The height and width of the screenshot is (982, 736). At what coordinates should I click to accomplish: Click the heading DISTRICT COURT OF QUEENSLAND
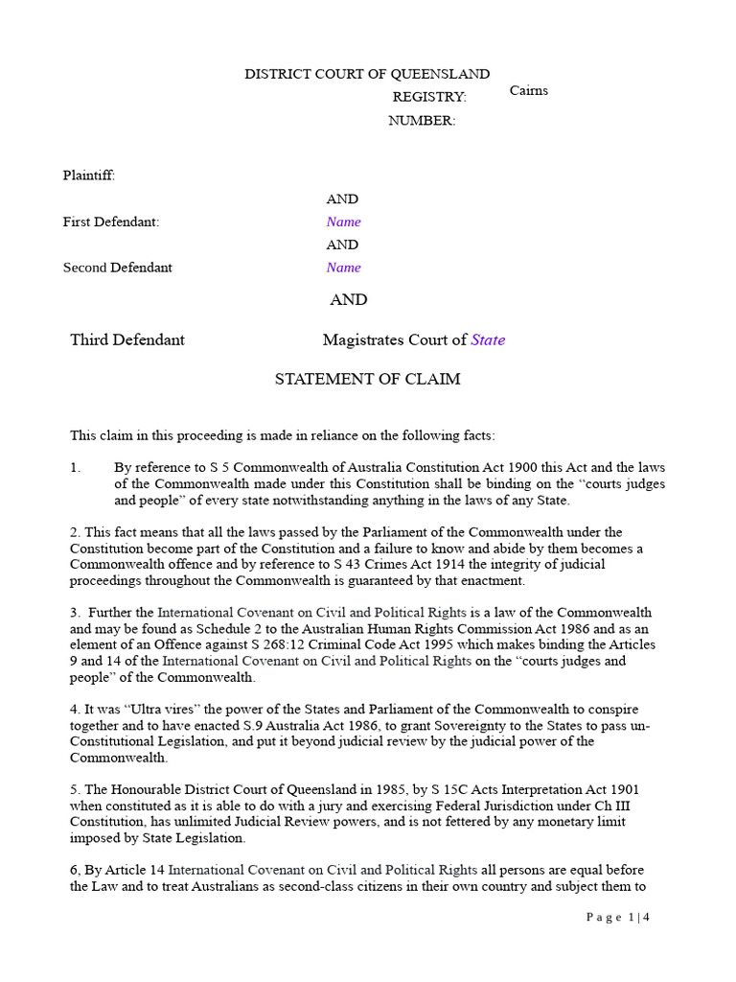tap(367, 74)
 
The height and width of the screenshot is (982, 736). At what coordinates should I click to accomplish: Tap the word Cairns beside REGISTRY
tap(529, 91)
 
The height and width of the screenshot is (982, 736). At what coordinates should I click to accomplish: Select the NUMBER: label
tap(422, 120)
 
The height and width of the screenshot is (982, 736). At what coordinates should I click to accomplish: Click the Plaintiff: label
tap(89, 175)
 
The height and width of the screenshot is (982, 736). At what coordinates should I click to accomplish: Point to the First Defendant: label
tap(111, 222)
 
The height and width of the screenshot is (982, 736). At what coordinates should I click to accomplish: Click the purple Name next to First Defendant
tap(343, 222)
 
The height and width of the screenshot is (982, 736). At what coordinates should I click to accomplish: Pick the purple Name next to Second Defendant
tap(343, 268)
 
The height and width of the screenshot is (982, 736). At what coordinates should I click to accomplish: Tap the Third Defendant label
tap(127, 339)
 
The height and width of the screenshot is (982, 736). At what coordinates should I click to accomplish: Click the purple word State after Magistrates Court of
tap(488, 339)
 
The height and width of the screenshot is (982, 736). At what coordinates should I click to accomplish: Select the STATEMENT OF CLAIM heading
tap(367, 379)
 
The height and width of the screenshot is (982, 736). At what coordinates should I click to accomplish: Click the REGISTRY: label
tap(429, 97)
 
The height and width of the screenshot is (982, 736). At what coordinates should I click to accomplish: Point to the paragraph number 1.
tap(76, 468)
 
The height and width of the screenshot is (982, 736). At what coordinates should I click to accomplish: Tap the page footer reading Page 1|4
tap(619, 918)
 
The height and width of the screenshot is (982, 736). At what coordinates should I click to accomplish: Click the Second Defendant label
tap(118, 268)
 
